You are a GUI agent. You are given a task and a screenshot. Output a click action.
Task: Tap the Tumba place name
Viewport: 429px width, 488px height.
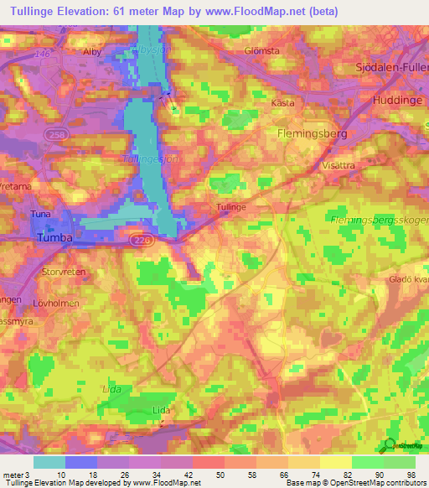click(x=56, y=238)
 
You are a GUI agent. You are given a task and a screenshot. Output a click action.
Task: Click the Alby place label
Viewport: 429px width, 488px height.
click(x=91, y=51)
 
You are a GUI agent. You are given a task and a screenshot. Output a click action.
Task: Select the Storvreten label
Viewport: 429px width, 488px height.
click(x=63, y=273)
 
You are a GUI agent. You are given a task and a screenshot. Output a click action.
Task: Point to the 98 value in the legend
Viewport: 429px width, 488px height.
click(x=410, y=475)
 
